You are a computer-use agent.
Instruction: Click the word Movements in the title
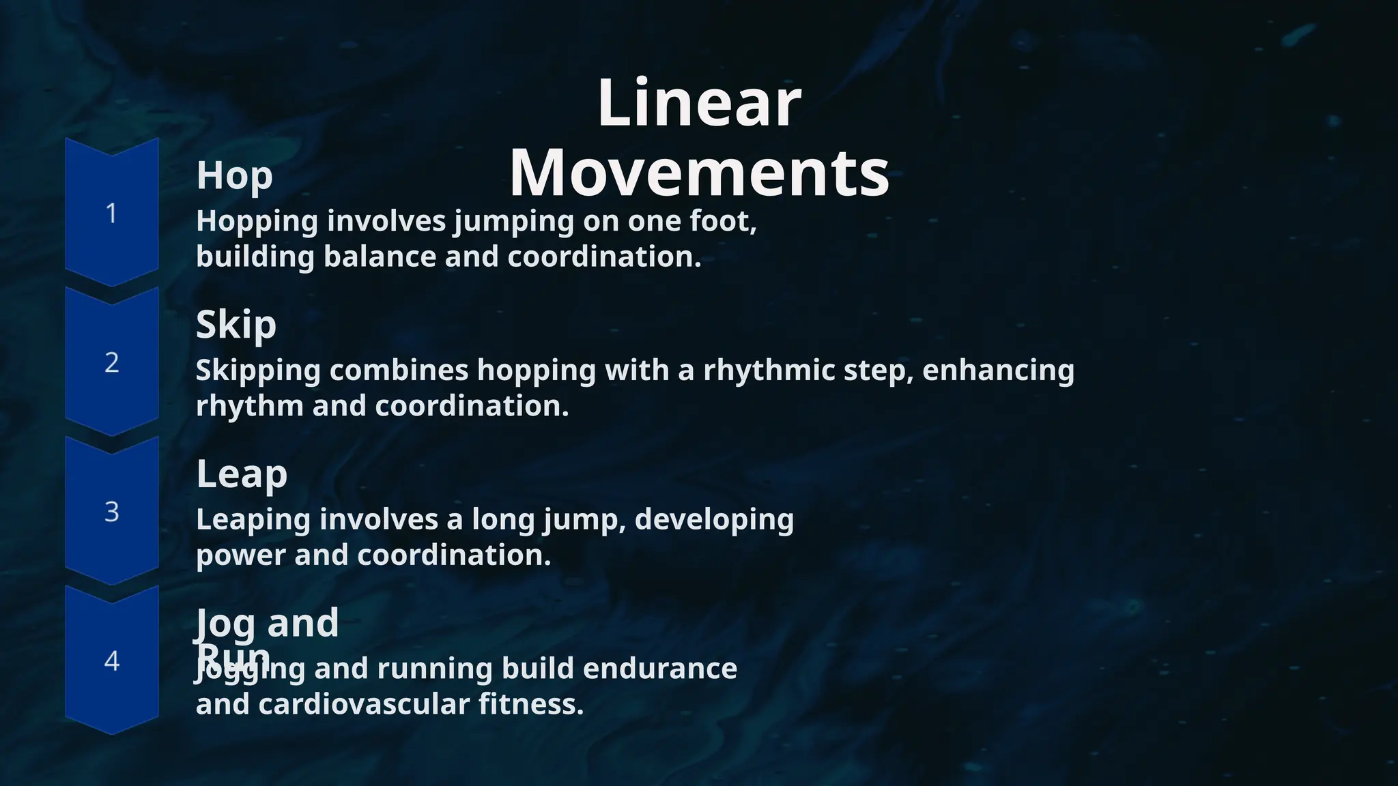click(699, 173)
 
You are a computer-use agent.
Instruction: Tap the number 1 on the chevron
click(111, 214)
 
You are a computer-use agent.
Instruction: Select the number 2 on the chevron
click(111, 362)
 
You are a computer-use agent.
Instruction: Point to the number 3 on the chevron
click(111, 512)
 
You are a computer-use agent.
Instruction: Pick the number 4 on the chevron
click(111, 660)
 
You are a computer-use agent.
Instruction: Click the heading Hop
click(234, 176)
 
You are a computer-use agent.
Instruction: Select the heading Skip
click(236, 325)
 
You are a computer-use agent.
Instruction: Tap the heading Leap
click(241, 474)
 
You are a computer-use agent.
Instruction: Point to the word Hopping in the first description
click(257, 222)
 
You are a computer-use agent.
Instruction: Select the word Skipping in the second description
click(258, 371)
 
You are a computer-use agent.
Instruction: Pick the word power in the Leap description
click(240, 556)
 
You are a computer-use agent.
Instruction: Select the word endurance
click(659, 669)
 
